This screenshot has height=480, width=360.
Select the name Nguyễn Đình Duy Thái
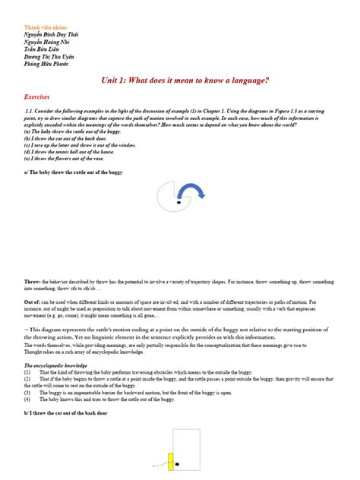pyautogui.click(x=51, y=36)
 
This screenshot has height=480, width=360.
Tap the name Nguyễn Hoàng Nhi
pyautogui.click(x=47, y=44)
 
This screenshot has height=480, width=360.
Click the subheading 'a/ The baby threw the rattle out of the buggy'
pyautogui.click(x=73, y=172)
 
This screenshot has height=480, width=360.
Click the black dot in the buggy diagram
pyautogui.click(x=178, y=203)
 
